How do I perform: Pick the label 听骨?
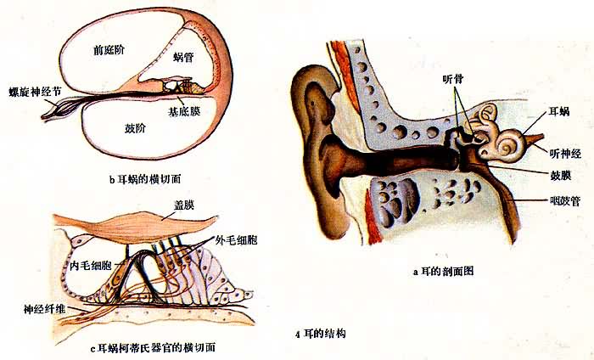coord(453,80)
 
